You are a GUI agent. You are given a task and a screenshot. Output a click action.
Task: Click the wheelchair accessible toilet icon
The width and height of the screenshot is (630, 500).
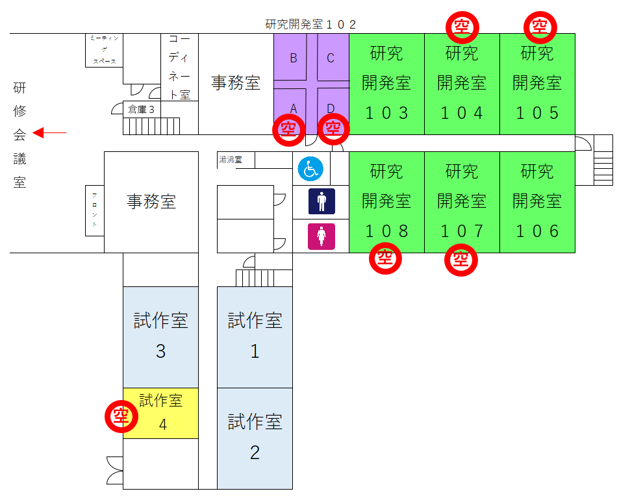(x=310, y=169)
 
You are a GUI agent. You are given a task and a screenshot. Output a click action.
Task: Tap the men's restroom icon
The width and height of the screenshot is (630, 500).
(x=321, y=201)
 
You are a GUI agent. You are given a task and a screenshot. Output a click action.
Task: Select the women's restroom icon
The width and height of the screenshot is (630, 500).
(x=321, y=236)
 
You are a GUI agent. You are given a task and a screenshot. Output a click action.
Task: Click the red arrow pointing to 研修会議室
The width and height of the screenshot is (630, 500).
(x=49, y=132)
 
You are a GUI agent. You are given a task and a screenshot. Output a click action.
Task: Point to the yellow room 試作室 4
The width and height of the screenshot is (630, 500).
(x=160, y=413)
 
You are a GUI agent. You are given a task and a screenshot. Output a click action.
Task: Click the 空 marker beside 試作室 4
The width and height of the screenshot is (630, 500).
(x=121, y=416)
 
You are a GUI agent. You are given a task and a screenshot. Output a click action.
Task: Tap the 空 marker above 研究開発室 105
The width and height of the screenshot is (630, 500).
(x=540, y=27)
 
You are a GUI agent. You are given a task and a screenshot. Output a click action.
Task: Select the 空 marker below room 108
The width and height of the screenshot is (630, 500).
(x=385, y=258)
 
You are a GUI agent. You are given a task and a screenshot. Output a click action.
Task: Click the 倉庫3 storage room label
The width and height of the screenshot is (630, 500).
(x=141, y=109)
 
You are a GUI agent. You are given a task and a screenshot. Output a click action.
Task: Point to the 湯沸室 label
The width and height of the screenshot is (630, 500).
(x=231, y=160)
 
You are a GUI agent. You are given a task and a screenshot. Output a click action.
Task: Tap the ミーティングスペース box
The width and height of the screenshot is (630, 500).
(x=104, y=50)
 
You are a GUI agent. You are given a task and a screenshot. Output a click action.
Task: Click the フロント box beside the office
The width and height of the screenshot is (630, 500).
(x=95, y=210)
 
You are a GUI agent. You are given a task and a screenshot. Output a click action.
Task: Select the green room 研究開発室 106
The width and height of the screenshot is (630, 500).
(x=537, y=202)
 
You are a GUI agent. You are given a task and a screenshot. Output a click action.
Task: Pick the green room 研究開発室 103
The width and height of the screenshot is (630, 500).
(x=386, y=84)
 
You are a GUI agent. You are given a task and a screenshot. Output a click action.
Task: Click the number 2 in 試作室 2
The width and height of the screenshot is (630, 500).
(x=255, y=453)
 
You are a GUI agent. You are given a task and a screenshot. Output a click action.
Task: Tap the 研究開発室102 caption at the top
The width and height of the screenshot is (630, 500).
(x=310, y=25)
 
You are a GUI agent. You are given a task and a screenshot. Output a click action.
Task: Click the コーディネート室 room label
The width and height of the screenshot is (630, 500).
(x=179, y=67)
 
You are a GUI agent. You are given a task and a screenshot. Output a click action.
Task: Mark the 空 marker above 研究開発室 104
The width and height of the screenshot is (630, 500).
(x=462, y=27)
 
